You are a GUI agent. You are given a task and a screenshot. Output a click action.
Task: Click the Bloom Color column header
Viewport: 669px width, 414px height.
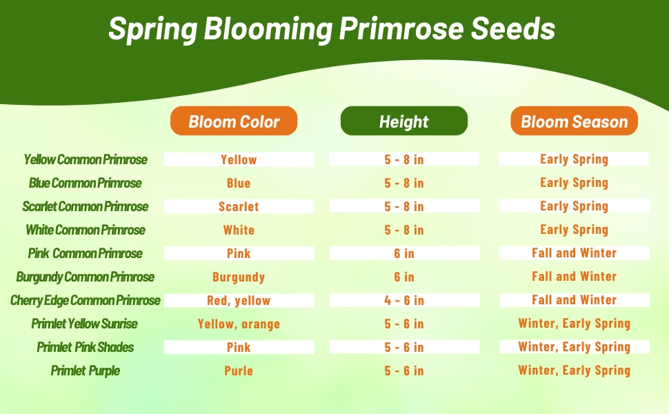click(x=234, y=121)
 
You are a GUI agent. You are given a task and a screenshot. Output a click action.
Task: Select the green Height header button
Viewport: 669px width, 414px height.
click(x=404, y=121)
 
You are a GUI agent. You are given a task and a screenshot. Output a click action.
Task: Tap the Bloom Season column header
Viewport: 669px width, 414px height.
click(x=575, y=121)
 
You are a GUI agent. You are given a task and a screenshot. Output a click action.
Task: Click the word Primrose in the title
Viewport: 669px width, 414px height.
click(x=401, y=28)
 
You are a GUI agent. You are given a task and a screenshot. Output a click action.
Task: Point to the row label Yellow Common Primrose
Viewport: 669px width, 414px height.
click(x=86, y=159)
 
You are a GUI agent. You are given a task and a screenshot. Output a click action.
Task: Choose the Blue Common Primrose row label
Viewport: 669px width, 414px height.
click(x=86, y=183)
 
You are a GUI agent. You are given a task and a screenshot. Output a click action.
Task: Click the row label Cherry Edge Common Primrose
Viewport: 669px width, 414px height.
click(x=86, y=300)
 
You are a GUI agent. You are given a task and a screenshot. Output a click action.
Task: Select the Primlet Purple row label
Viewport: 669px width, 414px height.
click(x=86, y=371)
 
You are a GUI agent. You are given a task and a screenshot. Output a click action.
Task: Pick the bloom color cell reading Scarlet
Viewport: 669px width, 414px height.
click(x=239, y=206)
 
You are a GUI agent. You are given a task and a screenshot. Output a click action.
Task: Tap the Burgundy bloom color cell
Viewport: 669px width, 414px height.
click(x=239, y=277)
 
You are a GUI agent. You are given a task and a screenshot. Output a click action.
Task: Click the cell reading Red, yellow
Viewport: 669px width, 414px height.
click(x=239, y=300)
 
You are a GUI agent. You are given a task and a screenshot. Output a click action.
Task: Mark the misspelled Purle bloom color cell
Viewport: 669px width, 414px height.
click(x=239, y=371)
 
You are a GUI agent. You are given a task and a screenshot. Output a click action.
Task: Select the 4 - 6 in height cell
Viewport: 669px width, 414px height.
click(x=404, y=300)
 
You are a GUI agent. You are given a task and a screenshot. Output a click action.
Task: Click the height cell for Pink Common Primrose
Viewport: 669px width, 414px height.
click(x=404, y=253)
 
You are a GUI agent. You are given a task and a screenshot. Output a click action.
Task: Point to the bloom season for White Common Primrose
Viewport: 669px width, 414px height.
click(x=575, y=230)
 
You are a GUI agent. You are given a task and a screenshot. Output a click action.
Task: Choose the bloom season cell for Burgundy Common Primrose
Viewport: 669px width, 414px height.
click(x=575, y=277)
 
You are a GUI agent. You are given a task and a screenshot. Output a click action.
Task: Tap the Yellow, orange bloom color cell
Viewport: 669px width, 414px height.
click(x=239, y=324)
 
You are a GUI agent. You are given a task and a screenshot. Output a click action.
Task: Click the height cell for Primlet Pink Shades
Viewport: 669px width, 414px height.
click(x=404, y=348)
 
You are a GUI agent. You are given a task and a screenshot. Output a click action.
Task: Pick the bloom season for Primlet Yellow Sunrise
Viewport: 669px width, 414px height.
click(x=575, y=324)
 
